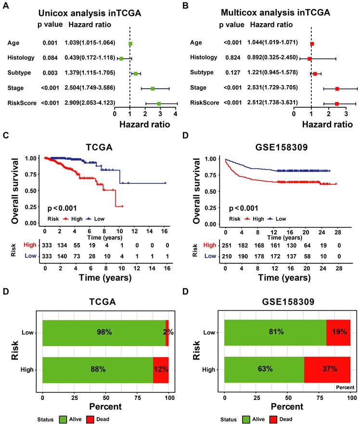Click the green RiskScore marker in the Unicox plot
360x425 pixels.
(159, 103)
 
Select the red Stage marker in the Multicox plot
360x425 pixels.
(337, 89)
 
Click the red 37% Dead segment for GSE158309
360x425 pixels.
(327, 370)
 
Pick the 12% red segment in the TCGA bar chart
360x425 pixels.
(161, 370)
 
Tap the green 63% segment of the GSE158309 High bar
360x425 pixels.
(264, 370)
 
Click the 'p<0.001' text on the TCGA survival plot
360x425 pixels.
(63, 208)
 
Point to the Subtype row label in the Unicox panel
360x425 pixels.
(20, 73)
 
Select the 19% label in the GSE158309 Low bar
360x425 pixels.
(338, 332)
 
